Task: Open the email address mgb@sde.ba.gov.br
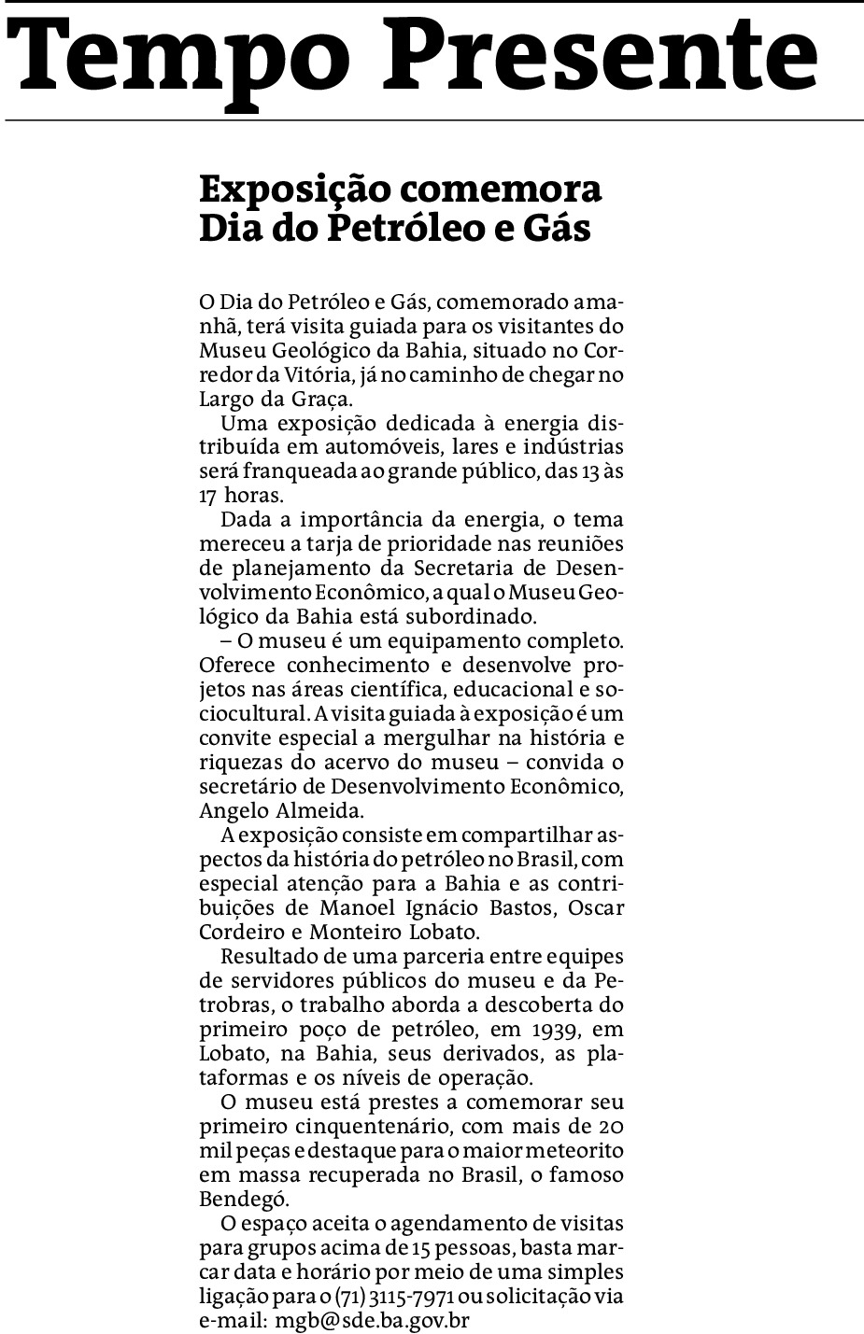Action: [x=372, y=1320]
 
